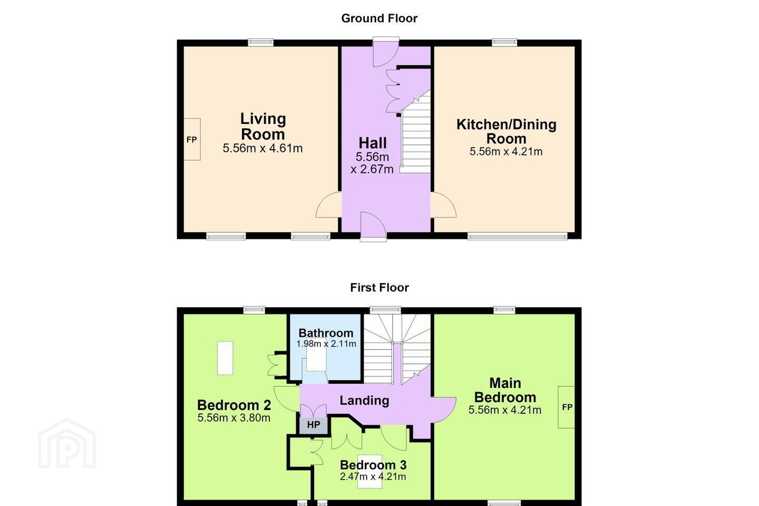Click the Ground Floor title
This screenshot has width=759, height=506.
[379, 18]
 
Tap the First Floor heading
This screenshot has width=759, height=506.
[379, 287]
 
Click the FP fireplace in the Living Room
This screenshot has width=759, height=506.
[192, 139]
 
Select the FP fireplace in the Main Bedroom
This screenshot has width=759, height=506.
[567, 407]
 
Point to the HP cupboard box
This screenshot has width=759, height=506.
[314, 425]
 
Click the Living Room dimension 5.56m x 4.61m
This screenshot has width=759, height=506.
[262, 149]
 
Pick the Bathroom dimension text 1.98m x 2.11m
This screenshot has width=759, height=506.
[326, 344]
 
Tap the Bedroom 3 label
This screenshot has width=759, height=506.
[373, 465]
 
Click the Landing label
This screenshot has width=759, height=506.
[364, 401]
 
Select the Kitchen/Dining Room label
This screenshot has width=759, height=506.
[507, 131]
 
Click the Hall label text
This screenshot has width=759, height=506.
[373, 143]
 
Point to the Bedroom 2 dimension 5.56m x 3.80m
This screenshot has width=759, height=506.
[234, 418]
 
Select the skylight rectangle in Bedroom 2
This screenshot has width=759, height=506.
[225, 358]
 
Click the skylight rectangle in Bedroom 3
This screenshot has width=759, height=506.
[369, 471]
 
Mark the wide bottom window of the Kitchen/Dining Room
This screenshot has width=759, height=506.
[518, 236]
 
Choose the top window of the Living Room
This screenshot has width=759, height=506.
[260, 42]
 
